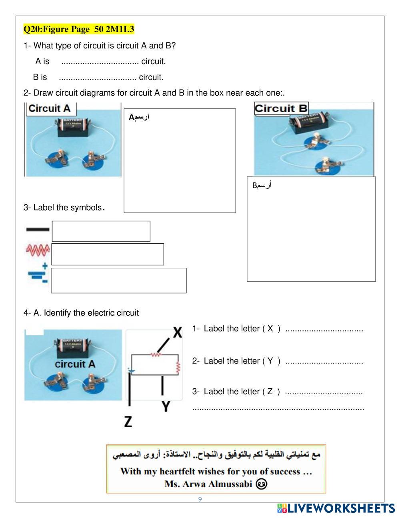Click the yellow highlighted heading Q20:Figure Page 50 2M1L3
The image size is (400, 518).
coord(79,29)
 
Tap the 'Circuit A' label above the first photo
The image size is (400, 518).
coord(50,108)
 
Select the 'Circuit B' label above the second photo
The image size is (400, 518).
coord(281,108)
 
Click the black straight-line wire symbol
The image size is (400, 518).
coord(38,229)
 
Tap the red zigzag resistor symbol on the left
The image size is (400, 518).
coord(38,251)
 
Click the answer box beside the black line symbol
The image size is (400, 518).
coord(101,231)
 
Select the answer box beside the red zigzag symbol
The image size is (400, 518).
coord(108,254)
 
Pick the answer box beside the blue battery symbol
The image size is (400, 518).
coord(119,280)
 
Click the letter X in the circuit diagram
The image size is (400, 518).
coord(177,333)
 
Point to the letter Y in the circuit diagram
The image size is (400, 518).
coord(166,406)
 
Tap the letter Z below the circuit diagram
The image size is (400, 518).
coord(128,422)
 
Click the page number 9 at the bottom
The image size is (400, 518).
coord(200,499)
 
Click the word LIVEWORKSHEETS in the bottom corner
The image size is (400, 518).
coord(341,508)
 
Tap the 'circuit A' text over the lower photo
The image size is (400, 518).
coord(75,364)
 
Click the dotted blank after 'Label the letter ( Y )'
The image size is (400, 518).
coord(324,361)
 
